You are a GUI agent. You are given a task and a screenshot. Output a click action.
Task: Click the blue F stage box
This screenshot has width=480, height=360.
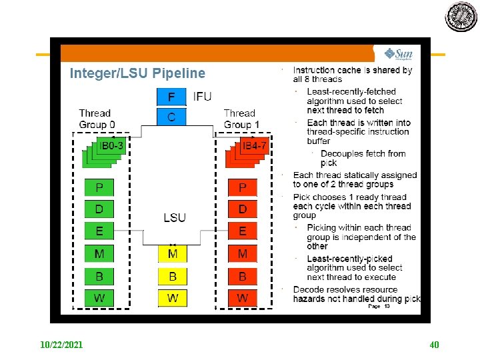[171, 97]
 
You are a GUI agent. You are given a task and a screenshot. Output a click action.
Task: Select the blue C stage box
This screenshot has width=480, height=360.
[171, 117]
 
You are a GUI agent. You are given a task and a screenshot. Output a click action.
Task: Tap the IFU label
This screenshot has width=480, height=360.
[202, 97]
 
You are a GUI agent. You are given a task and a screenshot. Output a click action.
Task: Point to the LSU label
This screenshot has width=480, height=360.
[175, 217]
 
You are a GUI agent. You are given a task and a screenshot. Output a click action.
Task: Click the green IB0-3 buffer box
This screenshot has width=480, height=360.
[111, 146]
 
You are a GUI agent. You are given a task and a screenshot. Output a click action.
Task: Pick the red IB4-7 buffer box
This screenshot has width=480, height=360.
[255, 146]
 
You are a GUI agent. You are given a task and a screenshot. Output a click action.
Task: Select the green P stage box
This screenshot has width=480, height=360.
[99, 187]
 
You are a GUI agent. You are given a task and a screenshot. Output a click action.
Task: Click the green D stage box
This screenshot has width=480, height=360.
[99, 209]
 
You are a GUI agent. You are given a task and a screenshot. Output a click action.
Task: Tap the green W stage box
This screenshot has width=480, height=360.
[99, 297]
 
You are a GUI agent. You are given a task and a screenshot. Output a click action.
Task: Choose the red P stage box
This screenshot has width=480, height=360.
[242, 187]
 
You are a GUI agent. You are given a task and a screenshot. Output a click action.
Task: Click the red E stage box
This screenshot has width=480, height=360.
[242, 231]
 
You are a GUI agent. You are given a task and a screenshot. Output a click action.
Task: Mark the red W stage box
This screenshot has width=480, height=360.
[242, 297]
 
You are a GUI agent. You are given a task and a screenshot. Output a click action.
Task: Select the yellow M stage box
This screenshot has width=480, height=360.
[173, 253]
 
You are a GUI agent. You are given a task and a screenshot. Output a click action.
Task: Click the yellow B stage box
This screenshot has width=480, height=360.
[173, 275]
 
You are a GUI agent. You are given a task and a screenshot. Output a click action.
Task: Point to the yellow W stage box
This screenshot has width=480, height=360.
[173, 297]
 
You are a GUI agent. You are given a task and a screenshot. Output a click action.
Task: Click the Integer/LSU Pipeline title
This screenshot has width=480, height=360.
[138, 73]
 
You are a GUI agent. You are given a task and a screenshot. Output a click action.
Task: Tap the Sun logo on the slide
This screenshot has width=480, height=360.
[398, 54]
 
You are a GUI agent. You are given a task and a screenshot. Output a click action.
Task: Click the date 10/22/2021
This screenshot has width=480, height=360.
[61, 345]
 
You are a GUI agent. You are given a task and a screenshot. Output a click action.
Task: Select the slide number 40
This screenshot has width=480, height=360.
[435, 345]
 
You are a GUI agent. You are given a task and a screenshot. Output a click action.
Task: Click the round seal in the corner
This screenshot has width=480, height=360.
[461, 17]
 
